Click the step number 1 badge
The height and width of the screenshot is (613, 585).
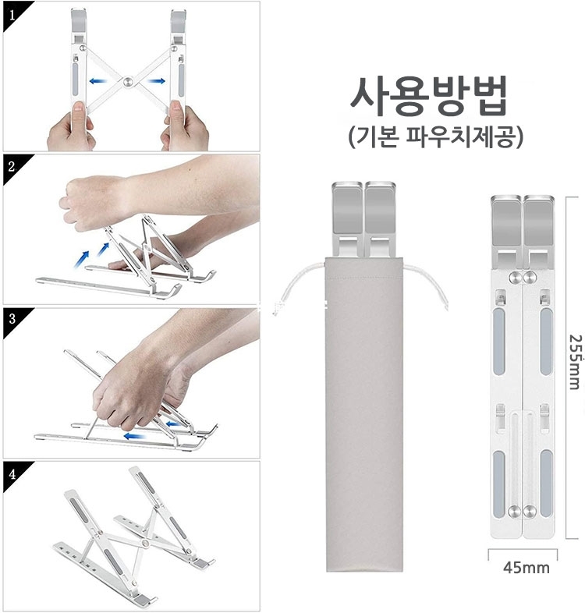click(12, 15)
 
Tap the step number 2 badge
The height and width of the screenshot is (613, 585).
click(12, 168)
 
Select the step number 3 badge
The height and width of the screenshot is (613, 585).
click(12, 320)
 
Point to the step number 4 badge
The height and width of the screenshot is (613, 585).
click(12, 473)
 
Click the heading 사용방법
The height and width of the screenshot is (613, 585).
click(429, 96)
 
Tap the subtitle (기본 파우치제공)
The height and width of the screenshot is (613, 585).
click(435, 136)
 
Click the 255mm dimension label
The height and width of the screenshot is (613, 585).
click(574, 362)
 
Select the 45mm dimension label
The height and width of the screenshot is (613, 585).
click(526, 567)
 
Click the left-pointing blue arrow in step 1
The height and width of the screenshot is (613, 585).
click(98, 81)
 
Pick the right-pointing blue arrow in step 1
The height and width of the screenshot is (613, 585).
click(157, 81)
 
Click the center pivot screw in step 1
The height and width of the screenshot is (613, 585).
click(128, 82)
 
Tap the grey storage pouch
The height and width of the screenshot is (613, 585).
click(359, 414)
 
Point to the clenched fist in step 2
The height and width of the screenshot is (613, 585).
click(88, 203)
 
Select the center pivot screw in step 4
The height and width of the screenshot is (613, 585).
click(146, 543)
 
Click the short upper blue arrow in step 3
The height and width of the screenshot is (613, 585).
click(173, 423)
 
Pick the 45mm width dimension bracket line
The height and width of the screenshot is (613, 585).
click(523, 550)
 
